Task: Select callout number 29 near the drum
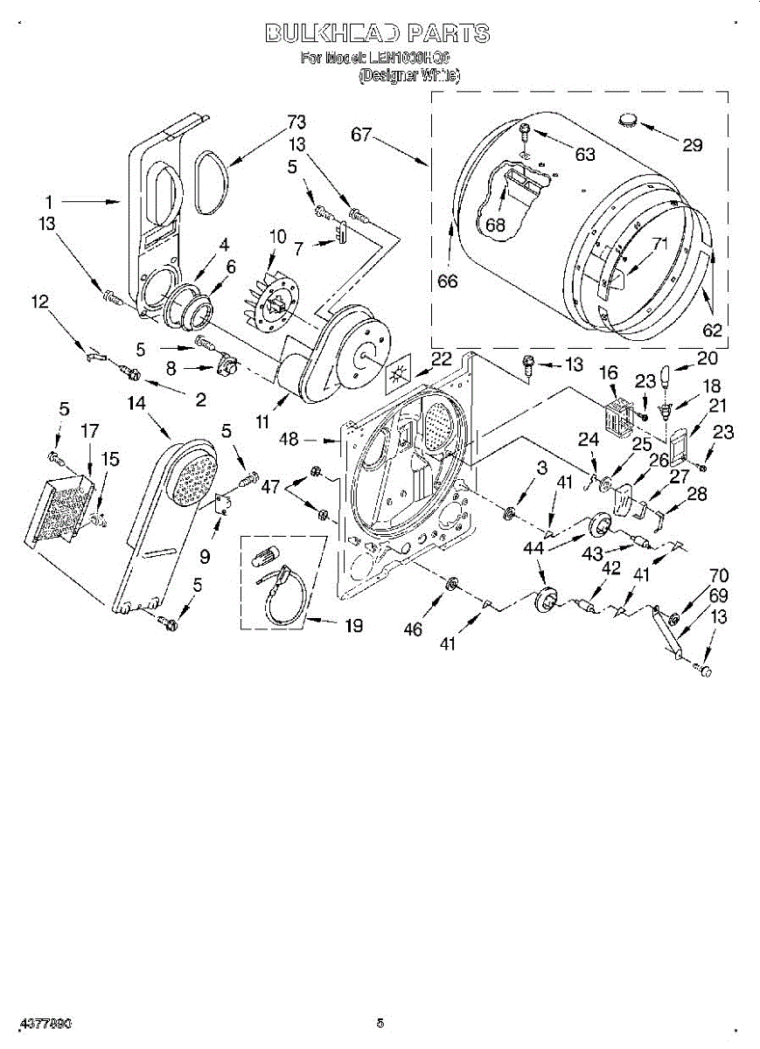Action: tap(692, 145)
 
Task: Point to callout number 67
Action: tap(363, 135)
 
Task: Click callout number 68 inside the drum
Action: tap(496, 225)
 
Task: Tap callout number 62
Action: tap(712, 330)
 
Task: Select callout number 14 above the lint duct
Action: tap(136, 403)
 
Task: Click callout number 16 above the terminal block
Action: tap(609, 373)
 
